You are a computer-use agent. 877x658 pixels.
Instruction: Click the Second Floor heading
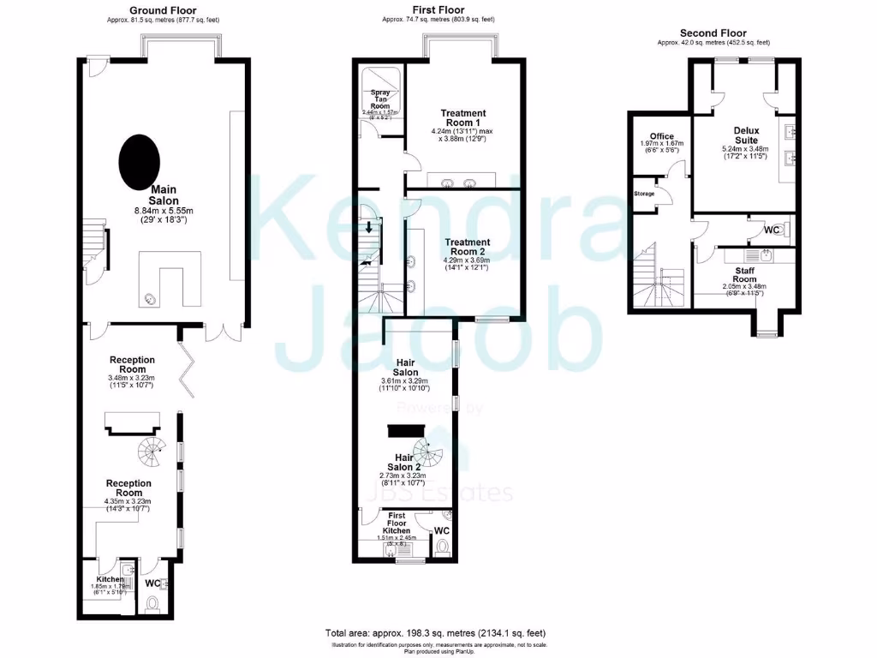pos(713,33)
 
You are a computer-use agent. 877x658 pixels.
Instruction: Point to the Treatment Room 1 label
pos(463,118)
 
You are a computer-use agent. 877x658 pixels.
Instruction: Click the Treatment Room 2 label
pos(466,248)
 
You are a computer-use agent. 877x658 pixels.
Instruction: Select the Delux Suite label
pos(746,135)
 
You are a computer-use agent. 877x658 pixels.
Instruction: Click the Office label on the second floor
pos(661,136)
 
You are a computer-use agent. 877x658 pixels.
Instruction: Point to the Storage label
pos(644,194)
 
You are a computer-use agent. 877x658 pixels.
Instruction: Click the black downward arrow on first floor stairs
pos(369,227)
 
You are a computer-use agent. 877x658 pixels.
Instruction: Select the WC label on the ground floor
pos(152,583)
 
